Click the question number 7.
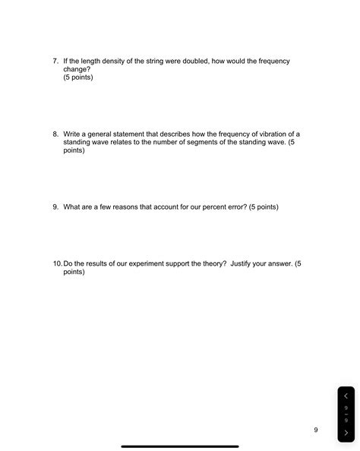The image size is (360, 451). (x=55, y=61)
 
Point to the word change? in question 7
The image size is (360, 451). (x=77, y=69)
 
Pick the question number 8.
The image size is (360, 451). (x=55, y=134)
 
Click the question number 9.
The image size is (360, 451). (x=55, y=207)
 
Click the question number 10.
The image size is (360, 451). (x=58, y=263)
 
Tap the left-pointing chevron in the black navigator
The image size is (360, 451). (x=346, y=396)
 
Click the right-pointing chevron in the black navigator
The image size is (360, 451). (x=346, y=433)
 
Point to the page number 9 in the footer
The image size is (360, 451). (x=315, y=430)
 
